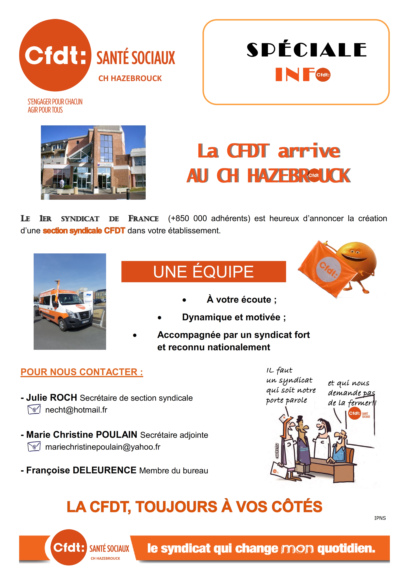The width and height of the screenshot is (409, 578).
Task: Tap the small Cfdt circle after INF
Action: pos(323,75)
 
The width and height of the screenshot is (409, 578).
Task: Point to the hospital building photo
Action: pos(93,162)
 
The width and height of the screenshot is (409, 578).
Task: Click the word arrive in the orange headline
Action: pos(309,151)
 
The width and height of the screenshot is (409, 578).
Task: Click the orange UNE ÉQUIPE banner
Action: pos(204,272)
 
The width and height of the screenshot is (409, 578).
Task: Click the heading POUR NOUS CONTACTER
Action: pos(82,372)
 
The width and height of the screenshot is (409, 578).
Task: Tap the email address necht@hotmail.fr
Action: pos(76,410)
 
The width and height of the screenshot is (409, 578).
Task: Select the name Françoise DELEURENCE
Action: pos(81,470)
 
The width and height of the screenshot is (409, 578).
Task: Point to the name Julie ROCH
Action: pos(51,398)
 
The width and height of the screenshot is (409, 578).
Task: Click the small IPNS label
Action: pos(380,518)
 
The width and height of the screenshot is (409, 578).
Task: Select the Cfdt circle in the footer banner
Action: pos(68,547)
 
